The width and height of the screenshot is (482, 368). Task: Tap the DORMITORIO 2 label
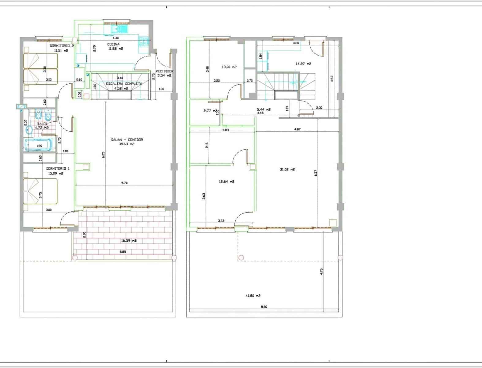pyautogui.click(x=62, y=46)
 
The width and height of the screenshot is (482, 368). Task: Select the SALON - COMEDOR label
pyautogui.click(x=127, y=140)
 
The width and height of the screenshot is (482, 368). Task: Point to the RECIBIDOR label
pyautogui.click(x=164, y=71)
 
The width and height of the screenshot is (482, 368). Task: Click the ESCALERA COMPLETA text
pyautogui.click(x=124, y=83)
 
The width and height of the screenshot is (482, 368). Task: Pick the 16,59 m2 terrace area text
pyautogui.click(x=129, y=241)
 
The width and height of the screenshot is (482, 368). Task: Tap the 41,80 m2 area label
pyautogui.click(x=253, y=296)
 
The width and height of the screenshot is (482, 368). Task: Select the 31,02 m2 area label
pyautogui.click(x=287, y=169)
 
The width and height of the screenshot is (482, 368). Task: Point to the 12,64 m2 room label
pyautogui.click(x=226, y=182)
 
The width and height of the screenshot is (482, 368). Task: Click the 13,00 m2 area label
pyautogui.click(x=229, y=67)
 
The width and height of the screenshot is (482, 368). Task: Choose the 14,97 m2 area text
pyautogui.click(x=303, y=64)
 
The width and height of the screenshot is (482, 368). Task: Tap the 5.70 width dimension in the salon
pyautogui.click(x=124, y=183)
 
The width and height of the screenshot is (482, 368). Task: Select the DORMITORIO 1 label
pyautogui.click(x=58, y=168)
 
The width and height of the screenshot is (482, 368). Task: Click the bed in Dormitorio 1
pyautogui.click(x=40, y=191)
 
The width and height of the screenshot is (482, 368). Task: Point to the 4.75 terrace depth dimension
pyautogui.click(x=321, y=271)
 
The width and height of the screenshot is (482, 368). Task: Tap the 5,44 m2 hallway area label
pyautogui.click(x=264, y=109)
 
